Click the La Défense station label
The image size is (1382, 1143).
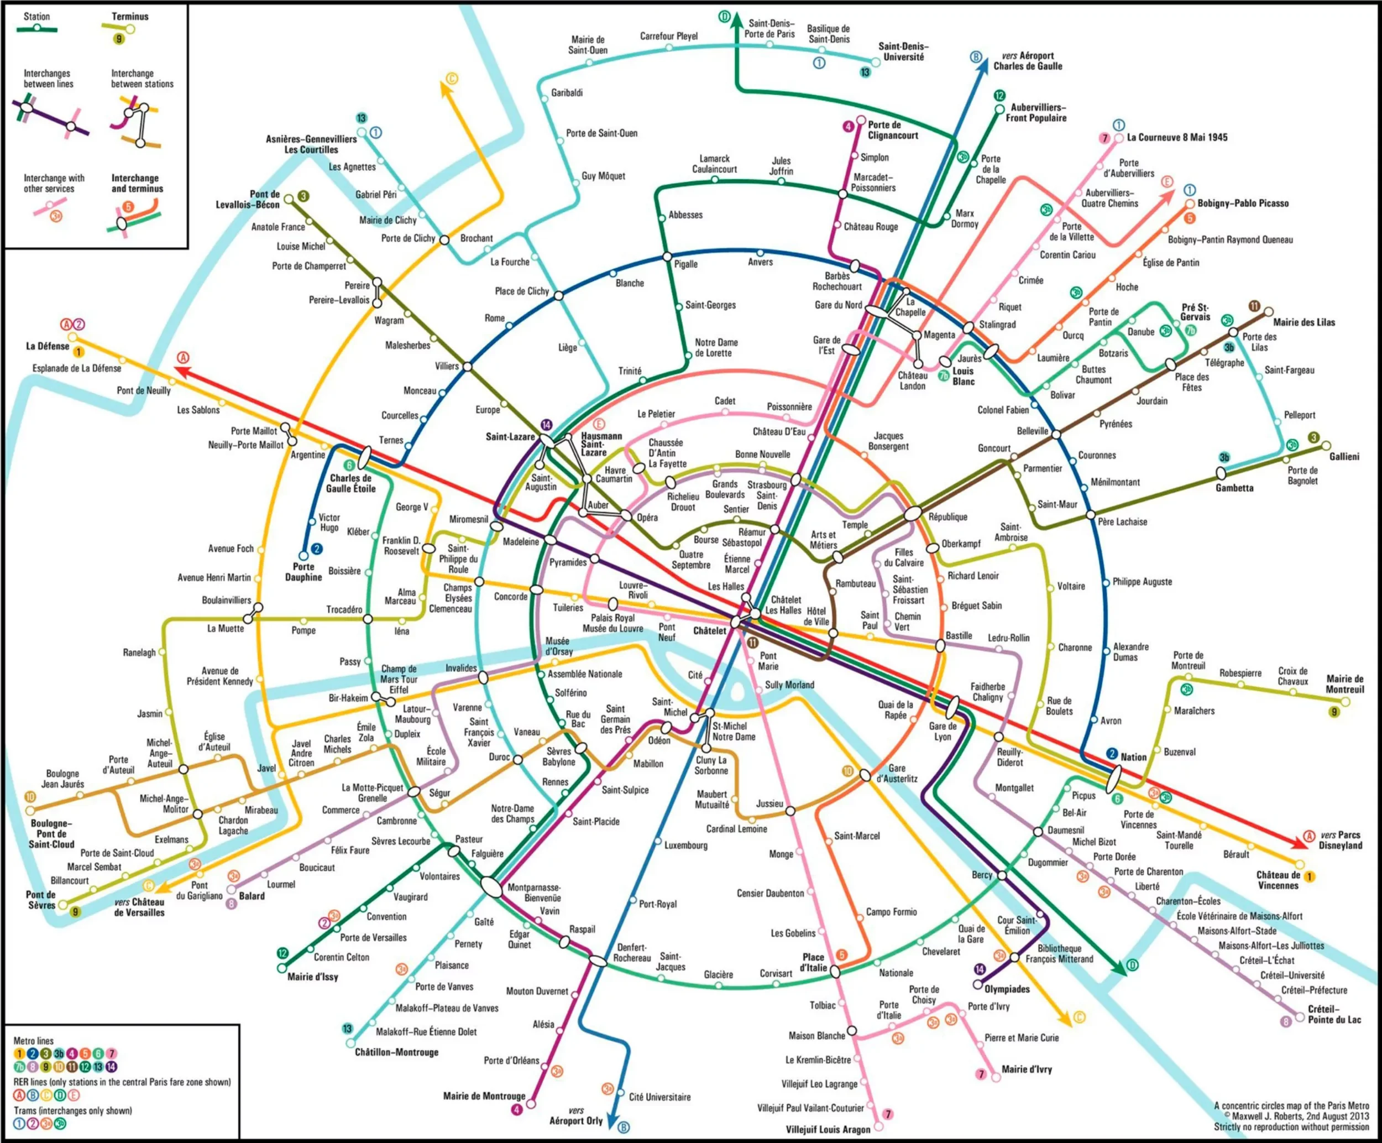pos(48,346)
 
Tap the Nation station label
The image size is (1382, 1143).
pos(1133,757)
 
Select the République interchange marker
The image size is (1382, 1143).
pos(913,514)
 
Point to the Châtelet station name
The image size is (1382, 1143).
pos(709,631)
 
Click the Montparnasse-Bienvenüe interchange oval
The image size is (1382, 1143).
pos(491,886)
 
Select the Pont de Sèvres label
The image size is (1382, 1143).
pos(41,899)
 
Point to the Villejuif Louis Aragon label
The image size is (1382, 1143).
pos(828,1130)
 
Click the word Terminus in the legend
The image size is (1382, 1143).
pos(130,16)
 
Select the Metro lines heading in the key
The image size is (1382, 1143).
pos(34,1041)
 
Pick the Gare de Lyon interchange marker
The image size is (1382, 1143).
pos(952,708)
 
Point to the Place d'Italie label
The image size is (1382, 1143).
pos(813,962)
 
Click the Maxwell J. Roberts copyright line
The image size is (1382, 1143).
pos(1291,1116)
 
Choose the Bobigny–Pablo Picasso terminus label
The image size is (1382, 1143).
pos(1243,203)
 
